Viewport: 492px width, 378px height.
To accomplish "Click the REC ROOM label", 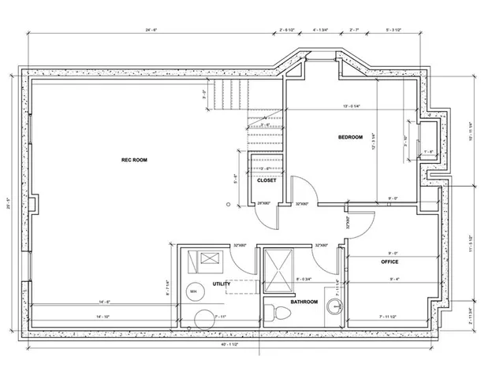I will click(x=134, y=160).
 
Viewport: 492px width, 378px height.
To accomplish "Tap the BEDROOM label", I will click(x=350, y=137).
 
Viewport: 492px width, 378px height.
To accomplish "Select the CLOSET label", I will click(x=266, y=180).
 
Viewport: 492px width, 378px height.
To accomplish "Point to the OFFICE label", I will click(x=389, y=261).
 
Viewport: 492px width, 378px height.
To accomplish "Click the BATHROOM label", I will click(x=304, y=302).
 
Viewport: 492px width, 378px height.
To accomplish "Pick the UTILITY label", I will click(x=221, y=283).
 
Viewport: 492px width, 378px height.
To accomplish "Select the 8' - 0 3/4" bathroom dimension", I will click(x=304, y=278).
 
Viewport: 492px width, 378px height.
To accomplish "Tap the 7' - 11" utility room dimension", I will click(x=220, y=316).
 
